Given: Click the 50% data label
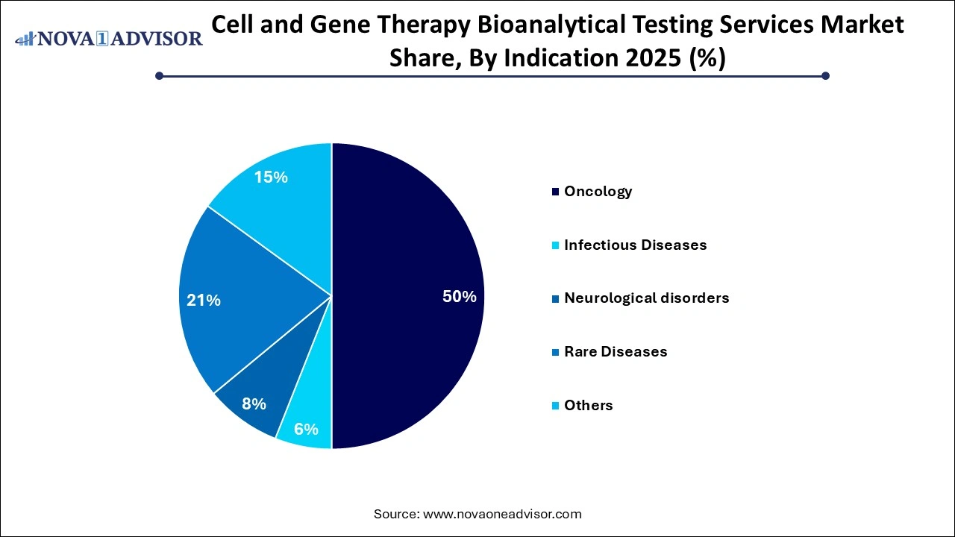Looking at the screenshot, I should (x=459, y=296).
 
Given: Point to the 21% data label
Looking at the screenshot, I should (x=204, y=301).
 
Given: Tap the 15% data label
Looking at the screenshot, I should (x=270, y=178).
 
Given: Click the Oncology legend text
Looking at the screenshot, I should (x=598, y=192).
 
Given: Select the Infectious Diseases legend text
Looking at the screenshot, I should (x=635, y=245).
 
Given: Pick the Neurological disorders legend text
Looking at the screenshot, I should (x=646, y=298).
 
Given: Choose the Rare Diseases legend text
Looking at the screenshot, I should (x=616, y=352).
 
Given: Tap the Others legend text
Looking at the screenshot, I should (x=588, y=406).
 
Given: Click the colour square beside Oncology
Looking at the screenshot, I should (x=555, y=192).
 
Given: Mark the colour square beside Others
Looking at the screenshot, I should (x=555, y=406).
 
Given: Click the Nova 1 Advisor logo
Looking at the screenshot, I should (x=108, y=38).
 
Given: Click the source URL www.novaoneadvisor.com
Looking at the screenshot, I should (x=502, y=514).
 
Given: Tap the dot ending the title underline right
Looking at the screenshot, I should (x=825, y=75).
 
